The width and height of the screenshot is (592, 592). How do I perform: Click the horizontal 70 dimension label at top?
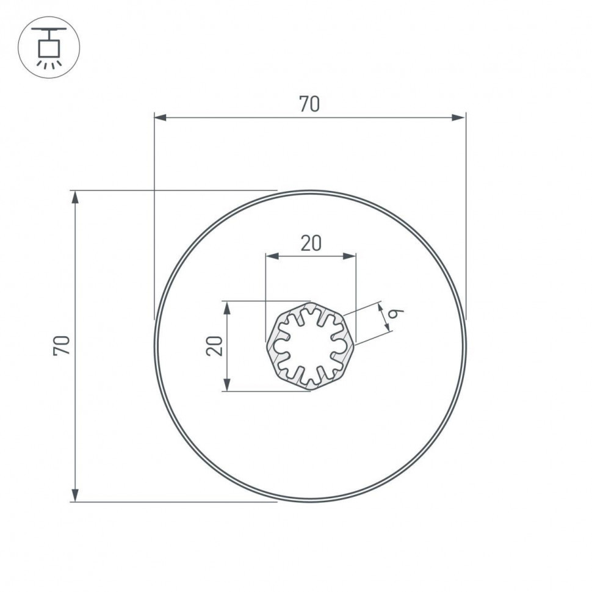pos(309,104)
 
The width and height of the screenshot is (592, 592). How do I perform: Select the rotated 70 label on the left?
pos(63,345)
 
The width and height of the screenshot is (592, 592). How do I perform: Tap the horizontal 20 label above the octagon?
pos(311,243)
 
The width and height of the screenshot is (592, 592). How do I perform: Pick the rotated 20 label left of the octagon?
pos(214,346)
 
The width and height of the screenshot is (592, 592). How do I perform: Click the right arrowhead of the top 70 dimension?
pos(459,117)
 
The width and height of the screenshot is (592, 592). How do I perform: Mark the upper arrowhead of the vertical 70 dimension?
pos(76,197)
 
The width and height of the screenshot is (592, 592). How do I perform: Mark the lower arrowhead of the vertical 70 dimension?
pos(76,495)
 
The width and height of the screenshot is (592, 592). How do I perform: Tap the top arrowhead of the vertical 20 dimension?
pos(227,307)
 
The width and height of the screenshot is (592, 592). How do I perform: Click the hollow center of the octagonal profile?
pos(310,346)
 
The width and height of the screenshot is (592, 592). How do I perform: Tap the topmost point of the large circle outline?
pos(310,192)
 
